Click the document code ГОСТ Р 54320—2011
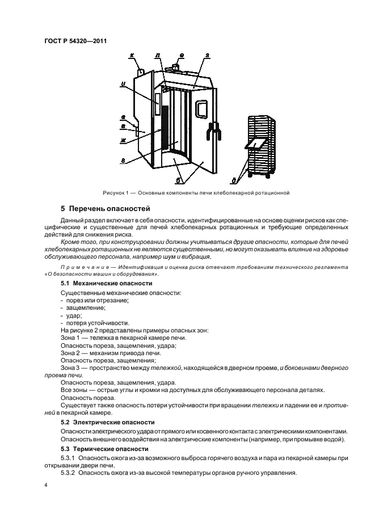pos(75,41)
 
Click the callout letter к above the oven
pos(132,56)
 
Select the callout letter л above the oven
pos(157,56)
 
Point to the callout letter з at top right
pos(208,56)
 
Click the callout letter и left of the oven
pos(123,85)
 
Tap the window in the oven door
pos(201,109)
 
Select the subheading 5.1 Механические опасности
pos(101,283)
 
